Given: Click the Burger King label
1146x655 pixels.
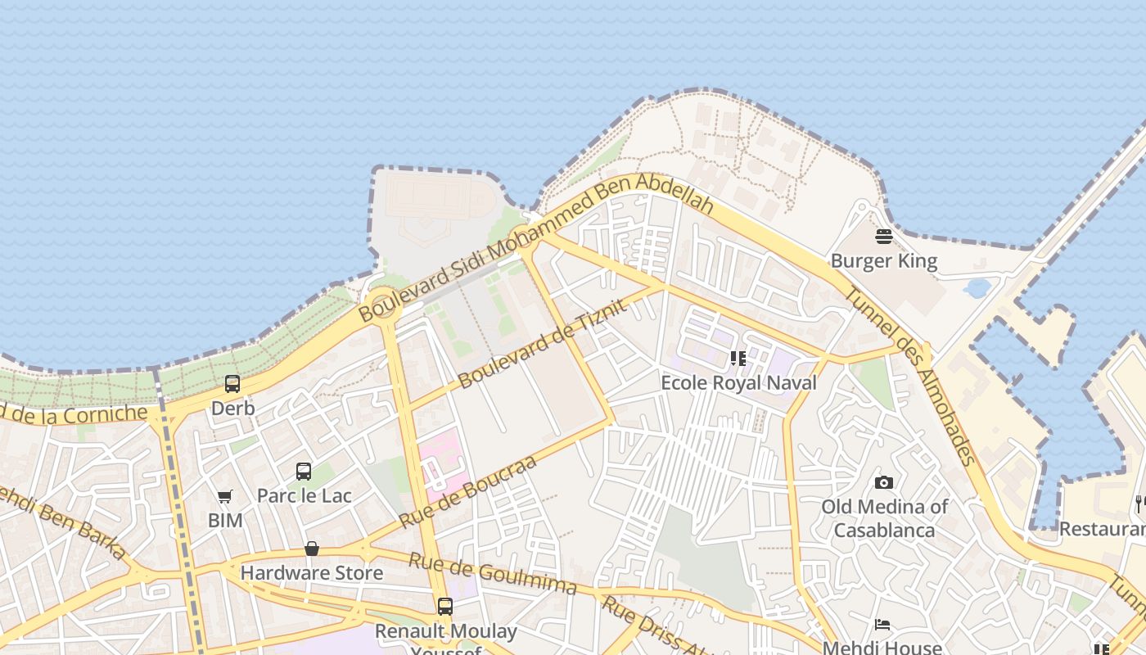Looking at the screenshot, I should (x=883, y=261).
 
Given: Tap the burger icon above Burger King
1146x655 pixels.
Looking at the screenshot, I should (x=883, y=237).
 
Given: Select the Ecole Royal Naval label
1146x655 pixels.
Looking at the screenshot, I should (x=738, y=382).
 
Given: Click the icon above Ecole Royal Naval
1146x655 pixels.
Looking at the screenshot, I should (x=738, y=359).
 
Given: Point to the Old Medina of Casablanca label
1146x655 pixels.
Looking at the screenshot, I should (x=884, y=518).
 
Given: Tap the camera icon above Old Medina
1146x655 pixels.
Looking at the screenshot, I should (x=883, y=482).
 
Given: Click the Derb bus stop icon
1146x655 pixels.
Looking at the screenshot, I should (x=232, y=383).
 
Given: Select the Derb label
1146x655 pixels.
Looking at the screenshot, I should (x=233, y=408).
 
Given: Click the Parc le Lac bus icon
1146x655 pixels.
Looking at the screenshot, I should (x=304, y=472).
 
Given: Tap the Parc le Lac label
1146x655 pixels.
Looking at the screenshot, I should (x=304, y=495).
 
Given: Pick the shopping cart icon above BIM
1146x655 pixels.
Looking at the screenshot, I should (x=224, y=496).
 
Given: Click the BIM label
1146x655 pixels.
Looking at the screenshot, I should (x=225, y=520).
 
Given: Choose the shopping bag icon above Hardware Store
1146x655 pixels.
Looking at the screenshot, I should (x=311, y=549).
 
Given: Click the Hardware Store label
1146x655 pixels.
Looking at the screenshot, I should (x=311, y=572).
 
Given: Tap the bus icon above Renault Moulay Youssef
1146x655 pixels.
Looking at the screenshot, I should (x=445, y=607).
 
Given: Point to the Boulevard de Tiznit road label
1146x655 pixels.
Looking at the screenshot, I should (x=542, y=344).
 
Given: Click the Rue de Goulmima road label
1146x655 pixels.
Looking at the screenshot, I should (x=492, y=573).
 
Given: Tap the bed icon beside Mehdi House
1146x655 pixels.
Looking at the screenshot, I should (x=882, y=625).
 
